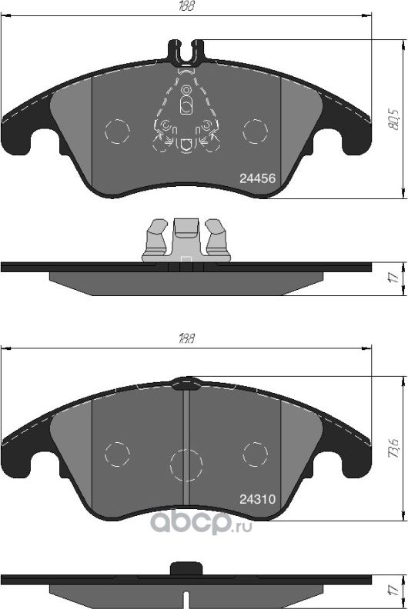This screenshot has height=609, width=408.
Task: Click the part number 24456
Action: [x=257, y=178]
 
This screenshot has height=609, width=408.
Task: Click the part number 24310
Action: [x=257, y=498]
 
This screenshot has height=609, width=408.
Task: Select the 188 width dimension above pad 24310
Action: [x=185, y=338]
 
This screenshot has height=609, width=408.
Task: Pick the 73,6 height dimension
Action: [x=395, y=447]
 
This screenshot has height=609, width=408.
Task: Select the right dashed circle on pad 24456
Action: [x=255, y=131]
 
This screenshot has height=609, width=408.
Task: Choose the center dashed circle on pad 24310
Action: [x=185, y=464]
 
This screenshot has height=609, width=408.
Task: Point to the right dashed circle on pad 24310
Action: [x=255, y=453]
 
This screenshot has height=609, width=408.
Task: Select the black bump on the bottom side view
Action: [x=185, y=568]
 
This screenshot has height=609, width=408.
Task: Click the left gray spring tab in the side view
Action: [x=156, y=238]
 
